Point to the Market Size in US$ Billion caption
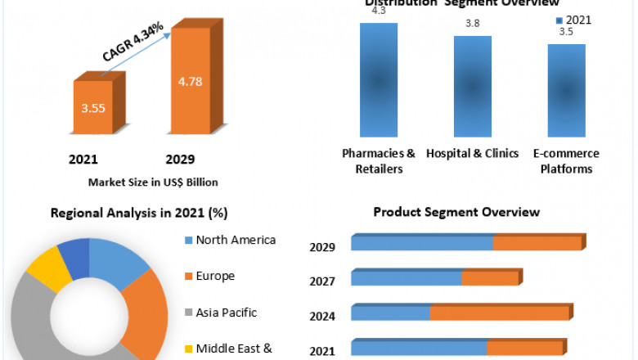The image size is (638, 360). [x=153, y=182]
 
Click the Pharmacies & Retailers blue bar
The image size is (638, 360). [x=378, y=79]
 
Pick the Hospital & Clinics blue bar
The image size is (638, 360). [x=473, y=86]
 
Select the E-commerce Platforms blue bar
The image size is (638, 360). [x=566, y=90]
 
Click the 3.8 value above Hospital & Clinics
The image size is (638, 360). [x=473, y=25]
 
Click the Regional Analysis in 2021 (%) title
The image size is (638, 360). [x=139, y=213]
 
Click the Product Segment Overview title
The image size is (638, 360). [x=456, y=212]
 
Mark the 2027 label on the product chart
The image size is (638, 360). [x=321, y=281]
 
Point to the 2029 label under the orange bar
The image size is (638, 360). [x=180, y=158]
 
